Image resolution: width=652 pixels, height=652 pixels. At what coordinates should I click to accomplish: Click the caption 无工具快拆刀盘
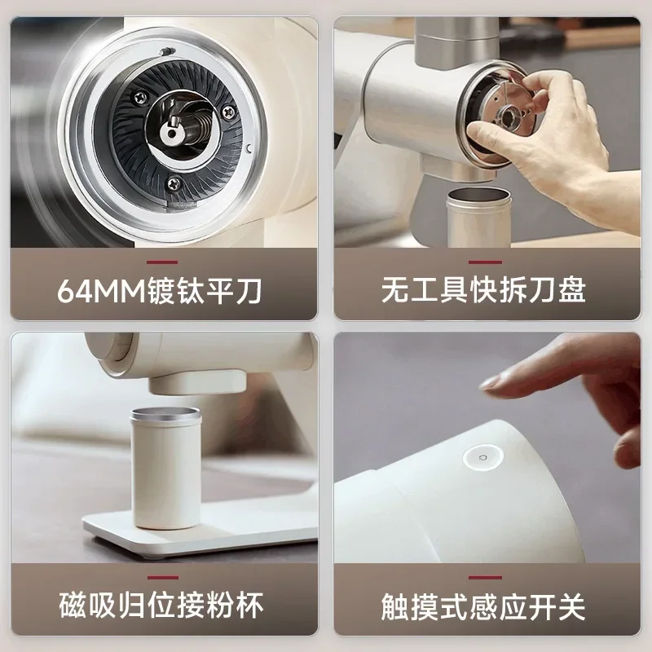click(x=483, y=291)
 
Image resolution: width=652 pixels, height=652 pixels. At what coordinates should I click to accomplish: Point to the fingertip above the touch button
click(x=489, y=381)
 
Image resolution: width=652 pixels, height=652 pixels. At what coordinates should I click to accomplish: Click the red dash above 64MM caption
click(x=163, y=262)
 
